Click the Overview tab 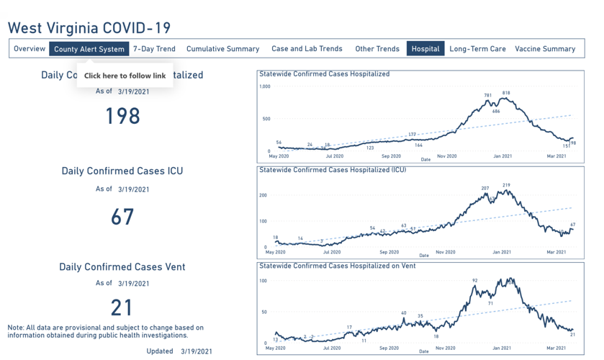pos(30,49)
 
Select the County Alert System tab pos(89,49)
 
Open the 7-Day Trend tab pos(154,49)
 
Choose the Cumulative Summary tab pos(222,49)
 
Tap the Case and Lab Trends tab pos(307,49)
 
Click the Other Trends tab pos(377,49)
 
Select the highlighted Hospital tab pos(425,49)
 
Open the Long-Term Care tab pos(477,49)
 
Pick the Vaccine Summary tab pos(545,49)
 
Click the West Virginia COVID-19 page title pos(89,28)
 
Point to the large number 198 pos(122,116)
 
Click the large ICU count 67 pos(122,216)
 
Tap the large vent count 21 pos(122,307)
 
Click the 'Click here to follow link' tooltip pos(125,76)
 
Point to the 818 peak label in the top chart pos(506,93)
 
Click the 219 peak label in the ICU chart pos(506,185)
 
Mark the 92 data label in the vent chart pos(475,280)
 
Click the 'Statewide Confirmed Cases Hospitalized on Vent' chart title pos(337,266)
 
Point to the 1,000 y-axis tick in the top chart pos(264,86)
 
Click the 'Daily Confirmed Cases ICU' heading pos(122,171)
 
